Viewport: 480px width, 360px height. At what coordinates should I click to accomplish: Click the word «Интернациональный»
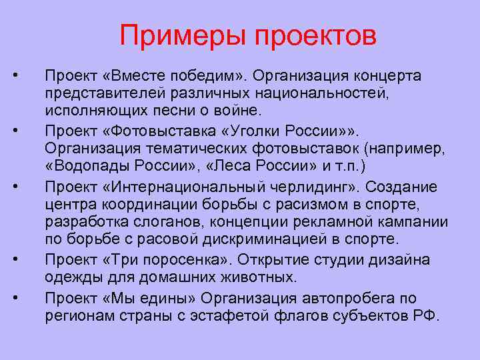tap(175, 185)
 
